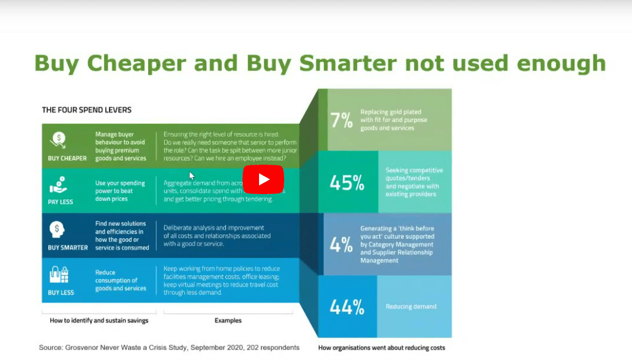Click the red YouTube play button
pyautogui.click(x=263, y=179)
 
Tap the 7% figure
pyautogui.click(x=342, y=121)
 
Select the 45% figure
pyautogui.click(x=347, y=182)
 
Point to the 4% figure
pyautogui.click(x=341, y=244)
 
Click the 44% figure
pyautogui.click(x=347, y=307)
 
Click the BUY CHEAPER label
pyautogui.click(x=67, y=158)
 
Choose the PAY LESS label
pyautogui.click(x=61, y=201)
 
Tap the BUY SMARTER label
pyautogui.click(x=67, y=248)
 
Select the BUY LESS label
pyautogui.click(x=61, y=293)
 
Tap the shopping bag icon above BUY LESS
pyautogui.click(x=59, y=275)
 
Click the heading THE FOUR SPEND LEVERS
pyautogui.click(x=86, y=110)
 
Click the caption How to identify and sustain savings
pyautogui.click(x=99, y=320)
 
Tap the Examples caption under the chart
pyautogui.click(x=228, y=320)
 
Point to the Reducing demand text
pyautogui.click(x=411, y=307)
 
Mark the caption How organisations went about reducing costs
pyautogui.click(x=382, y=348)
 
